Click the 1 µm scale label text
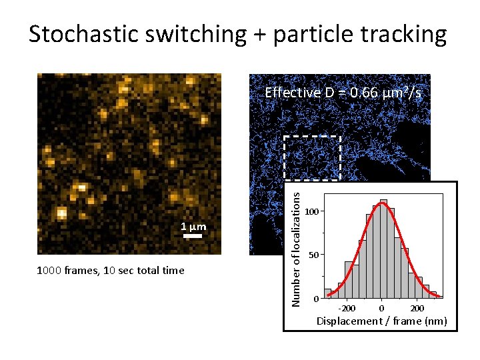(193, 227)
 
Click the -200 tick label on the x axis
(347, 308)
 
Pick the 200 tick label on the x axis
(417, 308)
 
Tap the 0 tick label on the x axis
(381, 308)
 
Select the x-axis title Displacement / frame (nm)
(382, 321)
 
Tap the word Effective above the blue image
(293, 93)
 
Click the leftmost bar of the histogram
(327, 293)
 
